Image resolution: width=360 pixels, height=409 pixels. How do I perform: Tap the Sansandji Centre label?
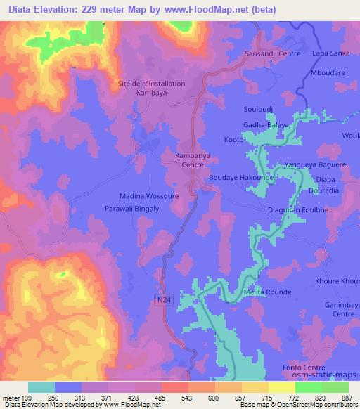(x=272, y=54)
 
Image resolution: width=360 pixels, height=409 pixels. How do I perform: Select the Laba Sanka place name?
(x=331, y=53)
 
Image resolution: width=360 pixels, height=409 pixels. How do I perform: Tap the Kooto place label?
(x=233, y=140)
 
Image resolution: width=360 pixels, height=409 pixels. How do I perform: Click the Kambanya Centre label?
(x=188, y=159)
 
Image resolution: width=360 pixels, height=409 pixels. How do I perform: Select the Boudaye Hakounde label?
(x=240, y=178)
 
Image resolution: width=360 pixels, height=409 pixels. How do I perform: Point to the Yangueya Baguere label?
(x=314, y=165)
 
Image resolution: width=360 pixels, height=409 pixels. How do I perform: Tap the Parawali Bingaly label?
(x=132, y=209)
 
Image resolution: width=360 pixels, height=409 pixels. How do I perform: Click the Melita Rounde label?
(x=266, y=292)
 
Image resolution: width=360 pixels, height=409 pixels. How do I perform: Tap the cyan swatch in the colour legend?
(x=41, y=387)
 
